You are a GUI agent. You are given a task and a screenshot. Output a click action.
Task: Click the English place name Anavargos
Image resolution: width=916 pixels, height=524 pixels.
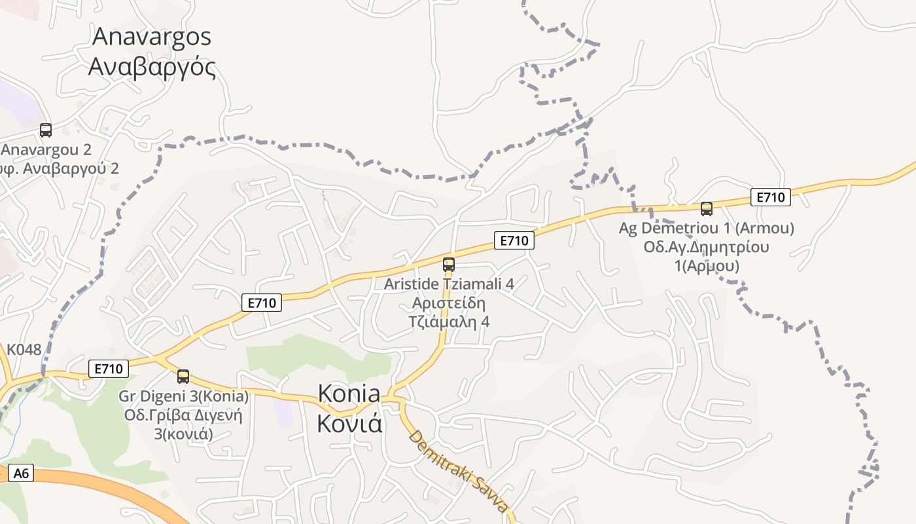tap(152, 36)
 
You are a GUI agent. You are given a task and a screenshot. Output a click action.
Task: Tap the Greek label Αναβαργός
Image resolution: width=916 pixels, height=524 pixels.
tap(152, 67)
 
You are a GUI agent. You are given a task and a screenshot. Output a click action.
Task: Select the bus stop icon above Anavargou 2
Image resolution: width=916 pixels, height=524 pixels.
tap(46, 130)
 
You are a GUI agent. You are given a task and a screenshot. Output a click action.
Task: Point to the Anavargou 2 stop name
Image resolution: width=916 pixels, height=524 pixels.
tap(46, 149)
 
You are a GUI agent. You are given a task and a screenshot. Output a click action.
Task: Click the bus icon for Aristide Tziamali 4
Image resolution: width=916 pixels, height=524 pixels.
tap(449, 265)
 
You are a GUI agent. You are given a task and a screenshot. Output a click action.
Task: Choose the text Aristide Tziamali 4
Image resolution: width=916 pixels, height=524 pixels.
tap(449, 284)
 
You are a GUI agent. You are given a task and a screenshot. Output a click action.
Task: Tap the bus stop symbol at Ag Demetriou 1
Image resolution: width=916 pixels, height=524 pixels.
tap(707, 209)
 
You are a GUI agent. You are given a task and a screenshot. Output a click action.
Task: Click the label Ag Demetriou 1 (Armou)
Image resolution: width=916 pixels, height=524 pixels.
tap(707, 228)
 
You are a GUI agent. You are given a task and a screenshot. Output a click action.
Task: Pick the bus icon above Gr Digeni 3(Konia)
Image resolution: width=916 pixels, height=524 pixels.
tap(183, 377)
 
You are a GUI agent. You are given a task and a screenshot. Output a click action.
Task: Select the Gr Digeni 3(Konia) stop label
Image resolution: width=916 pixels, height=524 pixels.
tap(184, 396)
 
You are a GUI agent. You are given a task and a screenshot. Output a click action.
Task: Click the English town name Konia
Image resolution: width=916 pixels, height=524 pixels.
tap(349, 393)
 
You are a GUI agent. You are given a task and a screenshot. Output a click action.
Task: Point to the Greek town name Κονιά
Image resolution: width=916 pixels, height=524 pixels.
tap(349, 423)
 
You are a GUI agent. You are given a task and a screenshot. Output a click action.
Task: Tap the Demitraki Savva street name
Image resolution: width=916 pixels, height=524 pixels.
tap(458, 472)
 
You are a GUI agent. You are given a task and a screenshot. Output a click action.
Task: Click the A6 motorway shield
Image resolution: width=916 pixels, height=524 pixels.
tap(21, 473)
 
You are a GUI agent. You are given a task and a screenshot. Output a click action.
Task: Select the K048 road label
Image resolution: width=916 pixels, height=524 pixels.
tap(24, 350)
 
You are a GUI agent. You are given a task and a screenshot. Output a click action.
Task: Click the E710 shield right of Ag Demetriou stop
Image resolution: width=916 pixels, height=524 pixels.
tap(771, 196)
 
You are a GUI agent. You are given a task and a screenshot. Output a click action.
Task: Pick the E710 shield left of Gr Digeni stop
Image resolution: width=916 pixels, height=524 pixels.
tap(109, 369)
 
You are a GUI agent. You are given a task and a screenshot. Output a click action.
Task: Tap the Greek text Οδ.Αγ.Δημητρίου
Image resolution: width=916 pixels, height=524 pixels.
tap(707, 247)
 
